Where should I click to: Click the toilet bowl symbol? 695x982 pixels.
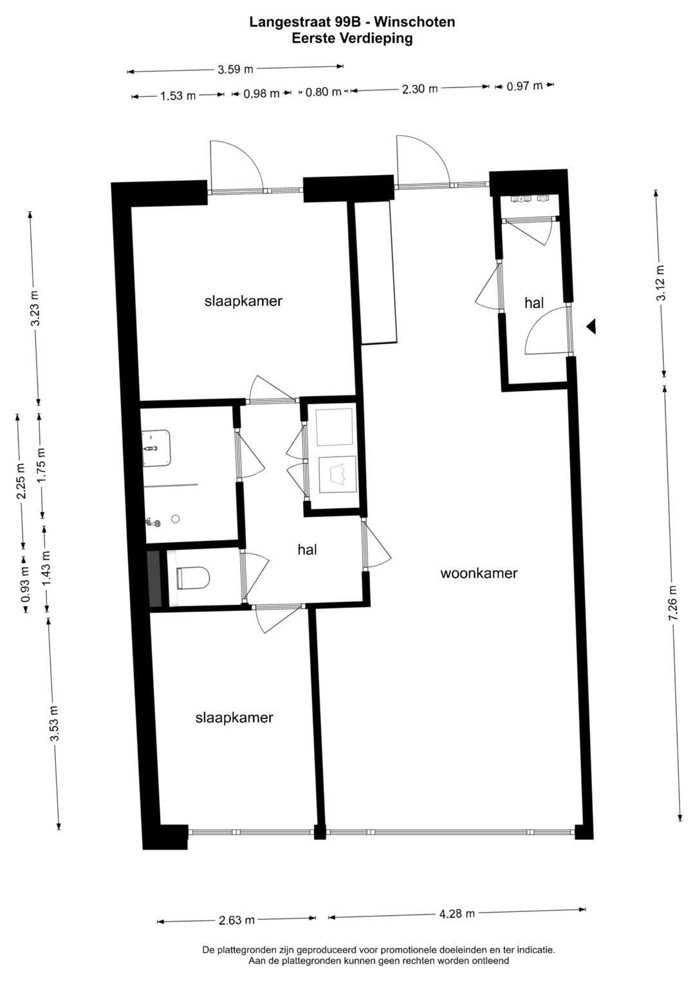point(192,577)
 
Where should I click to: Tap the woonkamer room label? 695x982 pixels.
point(479,573)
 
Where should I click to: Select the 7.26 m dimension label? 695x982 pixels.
point(672,603)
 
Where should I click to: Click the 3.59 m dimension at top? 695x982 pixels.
point(236,69)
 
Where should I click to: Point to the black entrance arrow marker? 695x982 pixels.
point(591,327)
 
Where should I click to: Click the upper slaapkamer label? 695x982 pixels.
point(243,301)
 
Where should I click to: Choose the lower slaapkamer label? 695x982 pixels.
point(234,718)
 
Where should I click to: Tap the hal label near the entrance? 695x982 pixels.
point(534,302)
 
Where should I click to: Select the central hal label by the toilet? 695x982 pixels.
point(307,549)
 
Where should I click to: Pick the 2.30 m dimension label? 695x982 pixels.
point(420,89)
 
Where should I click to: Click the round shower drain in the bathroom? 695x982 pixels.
point(176,519)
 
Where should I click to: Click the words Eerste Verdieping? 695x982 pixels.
point(352,39)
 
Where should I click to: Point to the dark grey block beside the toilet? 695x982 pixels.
point(155,579)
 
